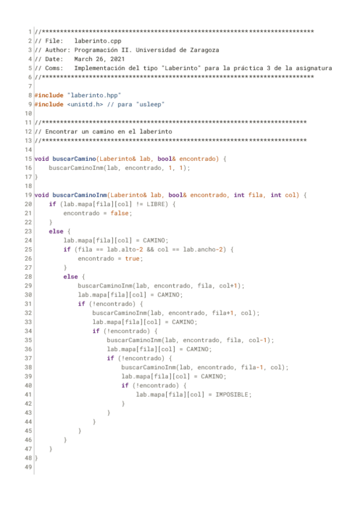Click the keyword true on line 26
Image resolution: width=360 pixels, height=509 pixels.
(x=133, y=259)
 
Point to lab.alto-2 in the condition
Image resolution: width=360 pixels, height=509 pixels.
(x=134, y=250)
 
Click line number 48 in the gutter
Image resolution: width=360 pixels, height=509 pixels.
(x=29, y=458)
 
